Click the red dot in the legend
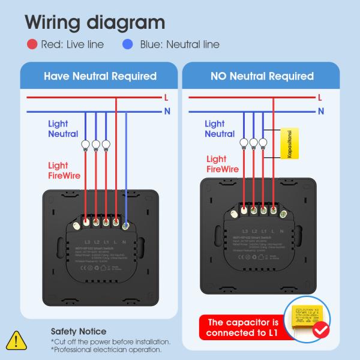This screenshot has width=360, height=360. coord(32,44)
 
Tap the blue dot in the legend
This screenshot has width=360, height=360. coord(127,44)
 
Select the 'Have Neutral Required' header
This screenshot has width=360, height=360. coord(100,76)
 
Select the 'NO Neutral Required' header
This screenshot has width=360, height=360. coord(262,76)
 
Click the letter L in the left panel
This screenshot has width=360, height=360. coord(166,97)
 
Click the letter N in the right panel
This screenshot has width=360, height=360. coord(320,111)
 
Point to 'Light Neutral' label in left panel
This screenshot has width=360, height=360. coord(59,129)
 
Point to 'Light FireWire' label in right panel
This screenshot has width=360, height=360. coord(223,164)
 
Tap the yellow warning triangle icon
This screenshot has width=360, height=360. coord(17,340)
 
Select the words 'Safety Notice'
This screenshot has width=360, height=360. coord(79,331)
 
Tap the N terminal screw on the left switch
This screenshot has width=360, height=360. coord(127,226)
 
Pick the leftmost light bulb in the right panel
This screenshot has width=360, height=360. coord(244,143)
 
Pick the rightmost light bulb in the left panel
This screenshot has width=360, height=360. coord(106,144)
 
